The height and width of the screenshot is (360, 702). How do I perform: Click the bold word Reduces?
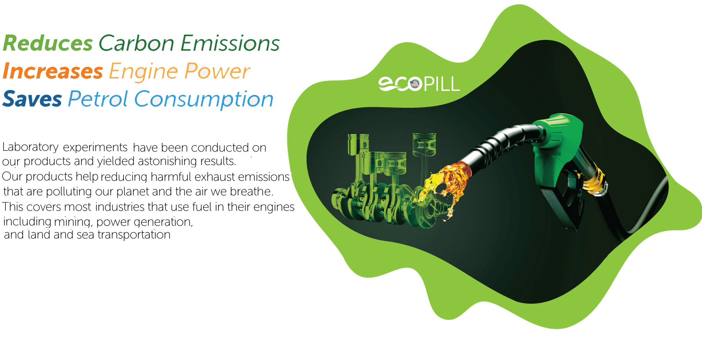click(48, 43)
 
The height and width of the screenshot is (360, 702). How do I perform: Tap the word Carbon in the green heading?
click(137, 43)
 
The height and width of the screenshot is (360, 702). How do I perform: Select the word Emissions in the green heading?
click(230, 43)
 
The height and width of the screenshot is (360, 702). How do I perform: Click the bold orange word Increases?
click(53, 72)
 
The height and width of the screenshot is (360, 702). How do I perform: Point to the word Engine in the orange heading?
click(143, 72)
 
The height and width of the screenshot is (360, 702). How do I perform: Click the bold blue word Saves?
click(32, 99)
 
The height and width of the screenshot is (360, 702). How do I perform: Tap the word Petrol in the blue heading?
click(98, 99)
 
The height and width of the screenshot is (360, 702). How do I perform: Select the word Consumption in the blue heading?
click(204, 99)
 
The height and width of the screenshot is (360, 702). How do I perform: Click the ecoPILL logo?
click(419, 84)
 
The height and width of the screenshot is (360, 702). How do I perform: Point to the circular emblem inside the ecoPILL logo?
click(415, 84)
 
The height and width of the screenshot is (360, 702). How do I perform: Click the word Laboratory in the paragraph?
click(30, 147)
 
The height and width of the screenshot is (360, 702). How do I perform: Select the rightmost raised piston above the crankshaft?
click(424, 144)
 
